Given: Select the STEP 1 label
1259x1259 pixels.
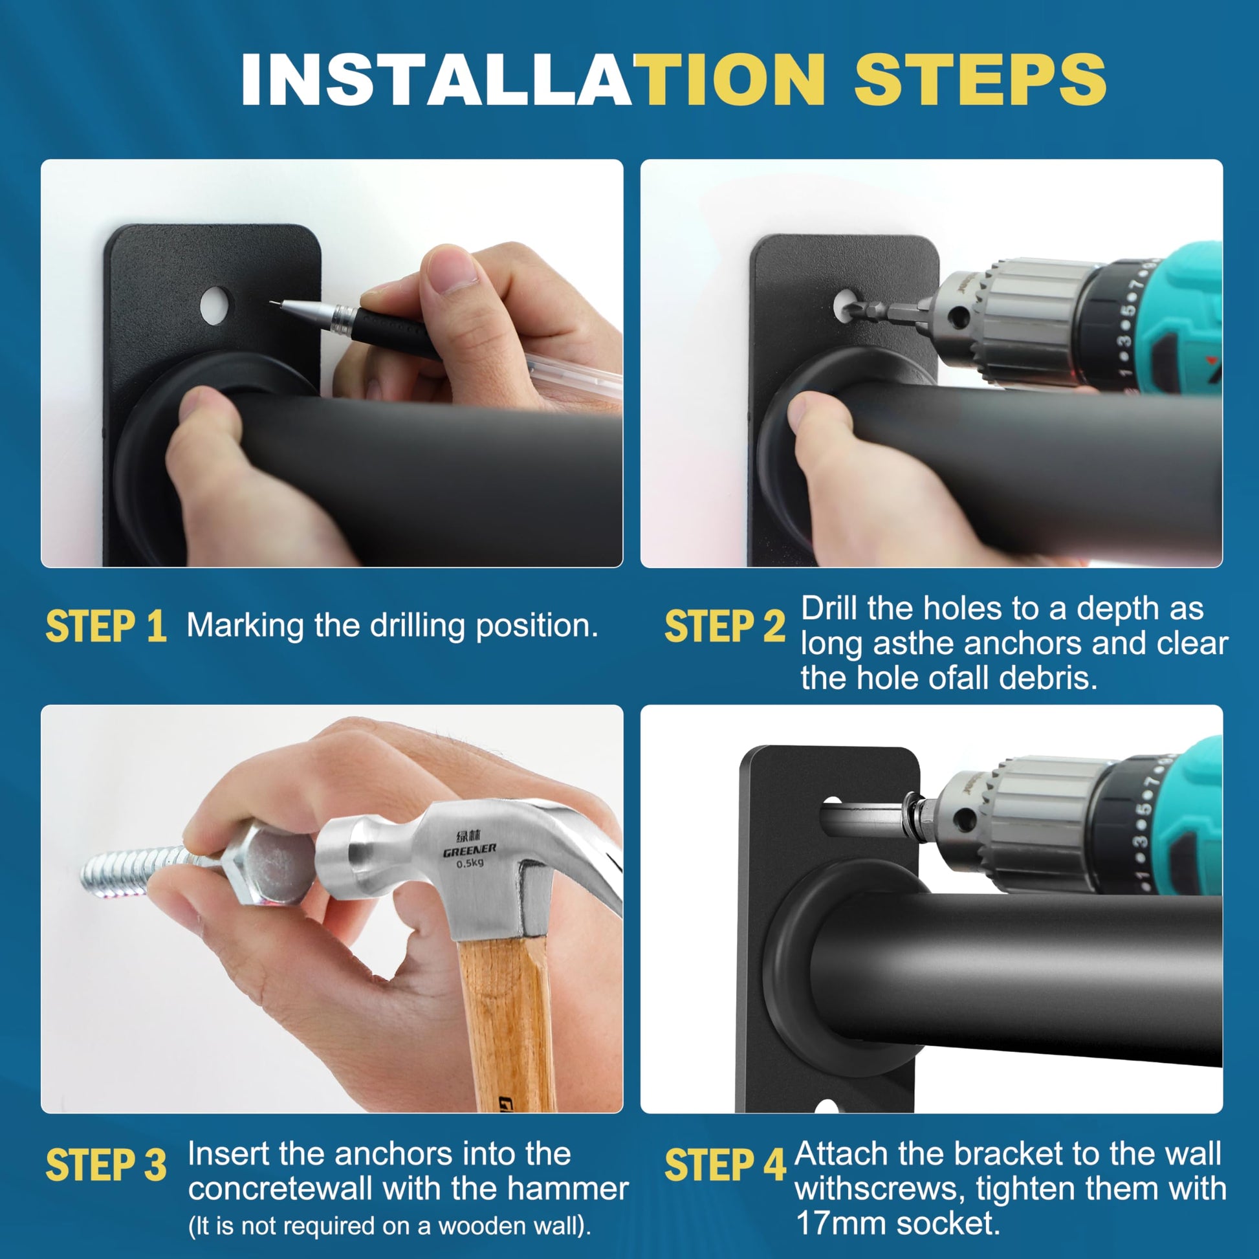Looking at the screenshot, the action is (105, 627).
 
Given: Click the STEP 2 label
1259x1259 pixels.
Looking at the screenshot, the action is (725, 627).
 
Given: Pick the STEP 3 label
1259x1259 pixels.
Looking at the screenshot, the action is (105, 1165).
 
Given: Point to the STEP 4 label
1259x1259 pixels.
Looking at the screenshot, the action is (725, 1165).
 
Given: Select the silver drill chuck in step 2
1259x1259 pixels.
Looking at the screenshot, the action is (1016, 320).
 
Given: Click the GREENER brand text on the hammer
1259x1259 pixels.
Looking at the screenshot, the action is (469, 850).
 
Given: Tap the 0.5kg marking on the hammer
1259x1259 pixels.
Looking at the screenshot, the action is (470, 864).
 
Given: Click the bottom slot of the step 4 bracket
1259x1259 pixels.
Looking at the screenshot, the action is (826, 1107).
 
